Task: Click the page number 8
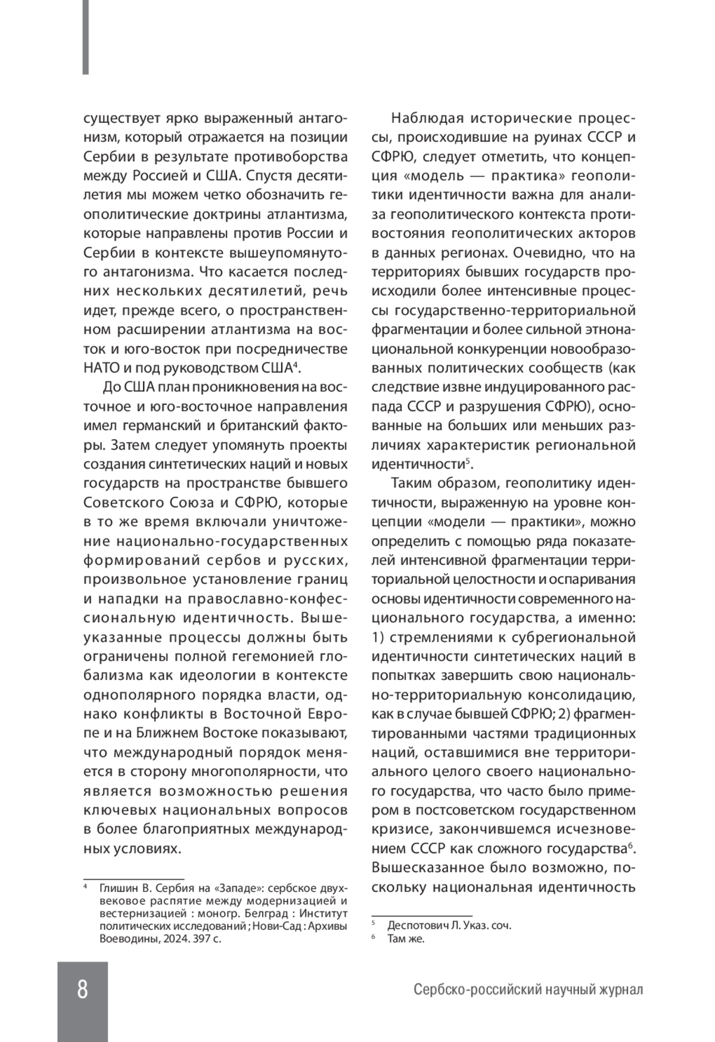82,989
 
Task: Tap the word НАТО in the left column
101,367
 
